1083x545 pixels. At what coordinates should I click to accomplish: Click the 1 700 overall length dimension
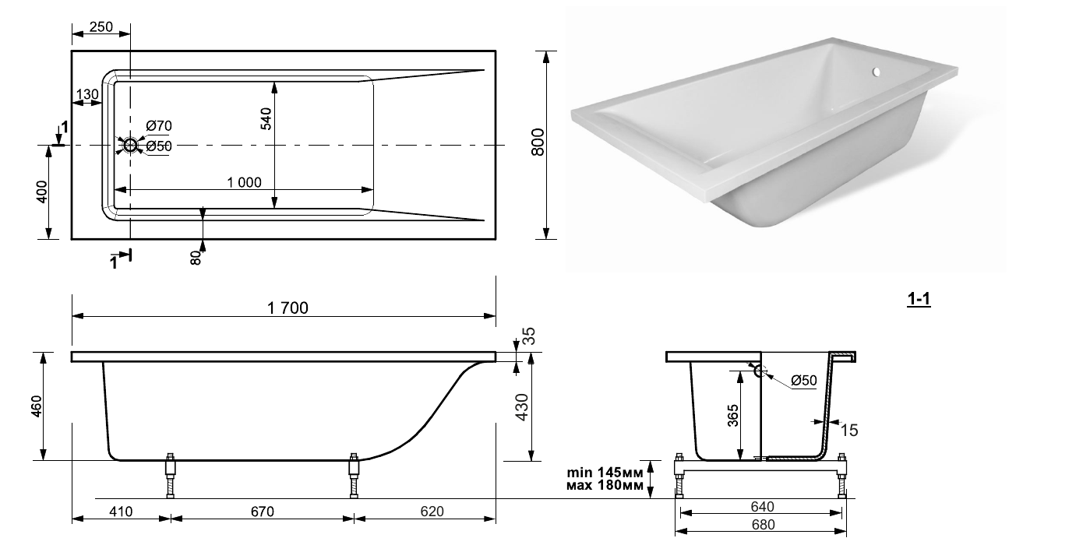click(288, 308)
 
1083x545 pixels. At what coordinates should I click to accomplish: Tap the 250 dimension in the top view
click(101, 26)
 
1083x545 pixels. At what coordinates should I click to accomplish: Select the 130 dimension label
click(87, 94)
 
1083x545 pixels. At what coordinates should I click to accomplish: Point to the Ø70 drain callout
click(159, 126)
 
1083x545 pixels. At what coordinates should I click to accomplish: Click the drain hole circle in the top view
click(130, 145)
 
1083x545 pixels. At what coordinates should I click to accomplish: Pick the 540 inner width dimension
click(266, 119)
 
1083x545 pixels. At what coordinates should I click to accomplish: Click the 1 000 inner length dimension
click(244, 182)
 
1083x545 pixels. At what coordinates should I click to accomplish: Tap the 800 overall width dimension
click(538, 142)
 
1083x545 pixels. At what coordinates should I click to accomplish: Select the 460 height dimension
click(37, 406)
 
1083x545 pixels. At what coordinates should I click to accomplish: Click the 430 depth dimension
click(522, 407)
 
